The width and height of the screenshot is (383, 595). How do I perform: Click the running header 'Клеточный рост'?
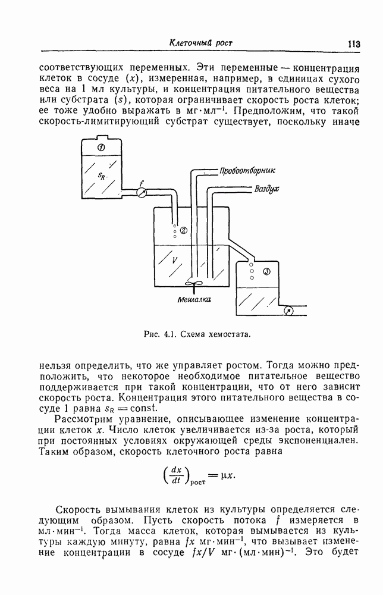click(x=200, y=43)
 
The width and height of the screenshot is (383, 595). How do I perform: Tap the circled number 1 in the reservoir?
click(x=102, y=147)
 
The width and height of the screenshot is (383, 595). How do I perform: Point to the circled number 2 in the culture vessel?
click(x=183, y=230)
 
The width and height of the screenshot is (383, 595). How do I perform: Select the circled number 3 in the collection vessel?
click(x=266, y=272)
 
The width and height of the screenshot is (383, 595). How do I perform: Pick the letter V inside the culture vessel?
click(x=174, y=259)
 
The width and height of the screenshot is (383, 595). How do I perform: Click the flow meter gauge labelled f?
click(x=142, y=193)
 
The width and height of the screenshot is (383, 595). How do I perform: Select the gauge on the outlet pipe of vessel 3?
click(x=288, y=310)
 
